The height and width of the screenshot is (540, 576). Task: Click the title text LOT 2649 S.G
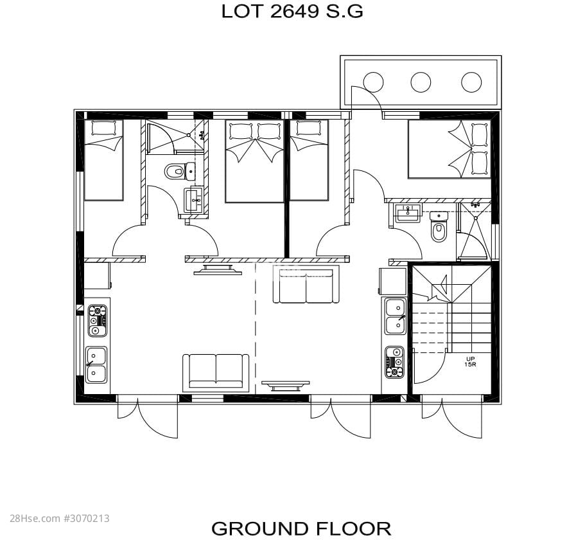coord(292,12)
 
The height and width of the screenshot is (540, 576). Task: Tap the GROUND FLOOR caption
coord(301,528)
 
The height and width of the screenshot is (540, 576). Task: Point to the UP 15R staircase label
coord(470,361)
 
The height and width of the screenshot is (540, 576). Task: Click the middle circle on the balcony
coord(421,82)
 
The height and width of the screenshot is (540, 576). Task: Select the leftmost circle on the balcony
coord(373,82)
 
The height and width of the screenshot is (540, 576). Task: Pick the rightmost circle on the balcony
coord(471,82)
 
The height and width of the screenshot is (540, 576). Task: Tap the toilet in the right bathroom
coord(439,226)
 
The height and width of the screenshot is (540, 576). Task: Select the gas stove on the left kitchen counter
coord(98,320)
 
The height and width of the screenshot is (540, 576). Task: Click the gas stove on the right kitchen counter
coord(394,363)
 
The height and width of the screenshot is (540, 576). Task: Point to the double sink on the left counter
coord(96,364)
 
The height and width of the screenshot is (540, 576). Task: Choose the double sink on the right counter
coord(396,316)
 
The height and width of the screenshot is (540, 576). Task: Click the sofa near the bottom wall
coord(216,373)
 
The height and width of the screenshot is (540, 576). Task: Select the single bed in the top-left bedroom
coord(103,160)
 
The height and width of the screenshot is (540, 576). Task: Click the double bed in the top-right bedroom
coord(449,149)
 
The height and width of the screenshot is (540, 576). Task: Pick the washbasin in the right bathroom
coord(408,213)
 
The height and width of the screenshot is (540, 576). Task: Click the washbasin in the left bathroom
coord(193,199)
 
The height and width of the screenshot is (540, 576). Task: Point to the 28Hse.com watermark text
coord(60,519)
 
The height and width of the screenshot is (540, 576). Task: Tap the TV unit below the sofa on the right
coord(285,385)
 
